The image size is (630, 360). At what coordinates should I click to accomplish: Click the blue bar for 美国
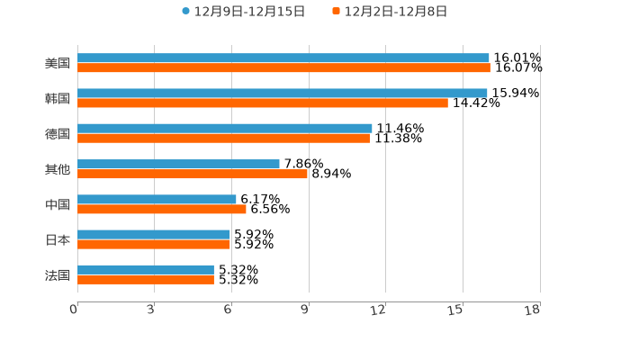(x=283, y=58)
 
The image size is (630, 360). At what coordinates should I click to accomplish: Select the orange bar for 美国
(x=283, y=67)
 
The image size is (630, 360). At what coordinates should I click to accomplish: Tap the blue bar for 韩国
(x=283, y=93)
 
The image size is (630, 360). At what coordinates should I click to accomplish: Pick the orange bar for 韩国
(x=263, y=103)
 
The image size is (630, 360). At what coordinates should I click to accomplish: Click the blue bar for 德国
(x=225, y=128)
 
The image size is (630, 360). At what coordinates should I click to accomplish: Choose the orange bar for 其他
(x=193, y=174)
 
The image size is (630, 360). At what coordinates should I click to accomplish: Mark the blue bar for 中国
(x=157, y=199)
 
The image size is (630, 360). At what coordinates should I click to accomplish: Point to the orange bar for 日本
(x=154, y=244)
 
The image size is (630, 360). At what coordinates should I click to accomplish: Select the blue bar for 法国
(x=146, y=269)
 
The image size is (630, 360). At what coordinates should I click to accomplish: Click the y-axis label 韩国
(x=58, y=98)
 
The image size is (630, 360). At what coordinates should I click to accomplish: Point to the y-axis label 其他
(x=58, y=169)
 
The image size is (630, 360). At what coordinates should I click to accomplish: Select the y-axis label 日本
(x=58, y=239)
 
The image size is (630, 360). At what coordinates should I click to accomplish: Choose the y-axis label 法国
(x=58, y=274)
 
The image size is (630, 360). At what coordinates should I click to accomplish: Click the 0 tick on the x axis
(x=74, y=310)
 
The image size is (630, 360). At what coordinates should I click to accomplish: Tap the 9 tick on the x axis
(x=304, y=310)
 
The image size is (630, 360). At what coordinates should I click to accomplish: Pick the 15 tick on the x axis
(x=456, y=310)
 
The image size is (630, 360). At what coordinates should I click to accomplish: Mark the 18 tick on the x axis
(x=533, y=310)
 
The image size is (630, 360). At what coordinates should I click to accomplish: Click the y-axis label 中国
(x=58, y=204)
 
